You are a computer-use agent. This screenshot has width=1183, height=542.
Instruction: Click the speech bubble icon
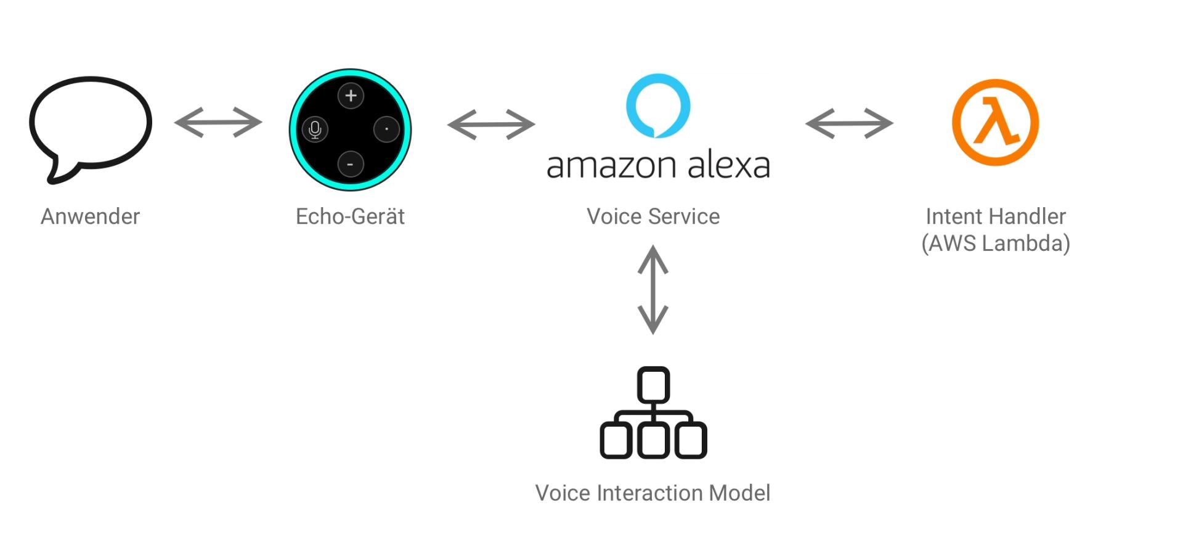90,123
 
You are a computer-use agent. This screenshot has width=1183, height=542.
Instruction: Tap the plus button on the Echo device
351,96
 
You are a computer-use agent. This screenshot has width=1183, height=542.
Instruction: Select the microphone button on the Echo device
315,129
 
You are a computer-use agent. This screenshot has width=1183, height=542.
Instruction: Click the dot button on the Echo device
386,129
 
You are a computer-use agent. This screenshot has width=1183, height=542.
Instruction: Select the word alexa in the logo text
728,165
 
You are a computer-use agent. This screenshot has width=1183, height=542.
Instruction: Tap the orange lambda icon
995,122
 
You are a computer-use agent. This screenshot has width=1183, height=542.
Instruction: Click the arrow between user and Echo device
218,122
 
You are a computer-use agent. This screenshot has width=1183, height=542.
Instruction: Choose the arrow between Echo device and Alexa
491,125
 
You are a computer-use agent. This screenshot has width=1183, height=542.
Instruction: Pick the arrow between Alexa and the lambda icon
849,123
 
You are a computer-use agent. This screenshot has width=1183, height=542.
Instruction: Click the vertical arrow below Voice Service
653,290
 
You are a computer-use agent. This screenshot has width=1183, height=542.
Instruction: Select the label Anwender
90,216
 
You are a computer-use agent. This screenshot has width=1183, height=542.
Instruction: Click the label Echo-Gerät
350,216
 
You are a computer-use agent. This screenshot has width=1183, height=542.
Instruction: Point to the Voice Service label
653,216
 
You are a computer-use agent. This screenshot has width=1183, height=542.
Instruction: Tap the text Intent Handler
996,216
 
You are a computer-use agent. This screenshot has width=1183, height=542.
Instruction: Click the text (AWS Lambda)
996,243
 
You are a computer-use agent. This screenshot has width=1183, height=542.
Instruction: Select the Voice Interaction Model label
652,493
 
